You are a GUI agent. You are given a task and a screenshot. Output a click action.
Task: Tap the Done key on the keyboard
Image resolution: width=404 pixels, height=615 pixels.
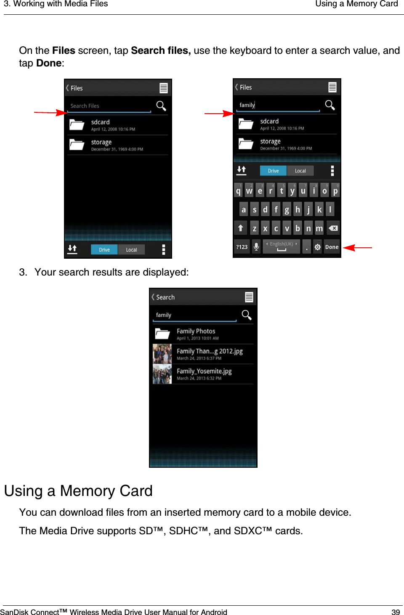pos(332,247)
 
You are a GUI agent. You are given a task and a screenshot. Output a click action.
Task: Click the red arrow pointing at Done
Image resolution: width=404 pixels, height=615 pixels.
pos(357,248)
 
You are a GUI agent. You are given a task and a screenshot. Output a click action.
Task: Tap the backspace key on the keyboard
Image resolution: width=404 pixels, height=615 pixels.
pos(333,228)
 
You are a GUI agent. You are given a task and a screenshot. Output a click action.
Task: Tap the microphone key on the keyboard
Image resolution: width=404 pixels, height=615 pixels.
pos(256,247)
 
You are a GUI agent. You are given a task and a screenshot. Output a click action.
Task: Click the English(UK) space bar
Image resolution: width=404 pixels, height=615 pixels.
pos(281,247)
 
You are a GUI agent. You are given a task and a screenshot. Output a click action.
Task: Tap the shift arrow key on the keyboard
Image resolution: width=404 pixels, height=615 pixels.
pos(240,228)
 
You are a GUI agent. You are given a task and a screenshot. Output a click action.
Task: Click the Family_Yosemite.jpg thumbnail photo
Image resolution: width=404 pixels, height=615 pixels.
pos(162,374)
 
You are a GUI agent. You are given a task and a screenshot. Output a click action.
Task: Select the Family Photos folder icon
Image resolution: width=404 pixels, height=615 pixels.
pos(162,334)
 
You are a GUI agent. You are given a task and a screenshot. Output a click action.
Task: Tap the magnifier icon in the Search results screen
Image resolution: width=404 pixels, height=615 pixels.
pos(246,315)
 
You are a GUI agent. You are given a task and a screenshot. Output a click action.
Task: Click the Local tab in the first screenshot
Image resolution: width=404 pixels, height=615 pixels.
pos(131,249)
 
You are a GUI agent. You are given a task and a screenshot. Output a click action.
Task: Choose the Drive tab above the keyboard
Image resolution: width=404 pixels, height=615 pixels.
pos(273,171)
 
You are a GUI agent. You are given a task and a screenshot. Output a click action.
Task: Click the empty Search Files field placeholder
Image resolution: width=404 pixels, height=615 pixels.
pos(85,106)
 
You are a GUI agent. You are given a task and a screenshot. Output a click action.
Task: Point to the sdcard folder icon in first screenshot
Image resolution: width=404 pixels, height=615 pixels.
pos(77,125)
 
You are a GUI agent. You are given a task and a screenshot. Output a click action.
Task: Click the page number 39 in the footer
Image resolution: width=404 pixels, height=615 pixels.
pos(395,612)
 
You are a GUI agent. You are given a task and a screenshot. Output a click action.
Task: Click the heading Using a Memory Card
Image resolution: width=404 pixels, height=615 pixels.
pos(78,491)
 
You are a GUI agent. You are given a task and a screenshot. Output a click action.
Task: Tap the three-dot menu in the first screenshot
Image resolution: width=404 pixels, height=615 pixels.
pos(163,249)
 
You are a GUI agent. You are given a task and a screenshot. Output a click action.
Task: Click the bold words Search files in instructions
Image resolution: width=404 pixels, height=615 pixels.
pos(160,50)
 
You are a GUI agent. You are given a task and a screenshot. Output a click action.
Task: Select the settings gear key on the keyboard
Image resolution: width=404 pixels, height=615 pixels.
pos(317,247)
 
